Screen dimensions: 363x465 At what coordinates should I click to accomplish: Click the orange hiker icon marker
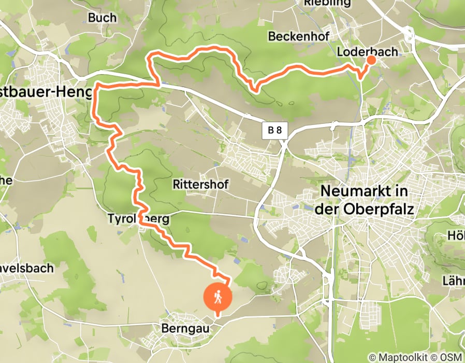click(x=217, y=297)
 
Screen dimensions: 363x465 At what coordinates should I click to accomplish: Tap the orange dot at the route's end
click(x=371, y=60)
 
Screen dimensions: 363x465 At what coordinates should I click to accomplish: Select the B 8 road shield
click(x=274, y=130)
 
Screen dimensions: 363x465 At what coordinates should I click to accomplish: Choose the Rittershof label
click(x=200, y=184)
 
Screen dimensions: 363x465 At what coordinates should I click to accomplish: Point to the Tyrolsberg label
click(x=139, y=219)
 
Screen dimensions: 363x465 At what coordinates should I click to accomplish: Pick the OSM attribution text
click(x=453, y=357)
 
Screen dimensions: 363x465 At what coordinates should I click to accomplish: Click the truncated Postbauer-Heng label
click(x=47, y=92)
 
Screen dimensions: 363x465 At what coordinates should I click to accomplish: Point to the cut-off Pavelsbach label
click(x=27, y=268)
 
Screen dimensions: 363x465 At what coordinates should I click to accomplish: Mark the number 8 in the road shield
click(x=279, y=130)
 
